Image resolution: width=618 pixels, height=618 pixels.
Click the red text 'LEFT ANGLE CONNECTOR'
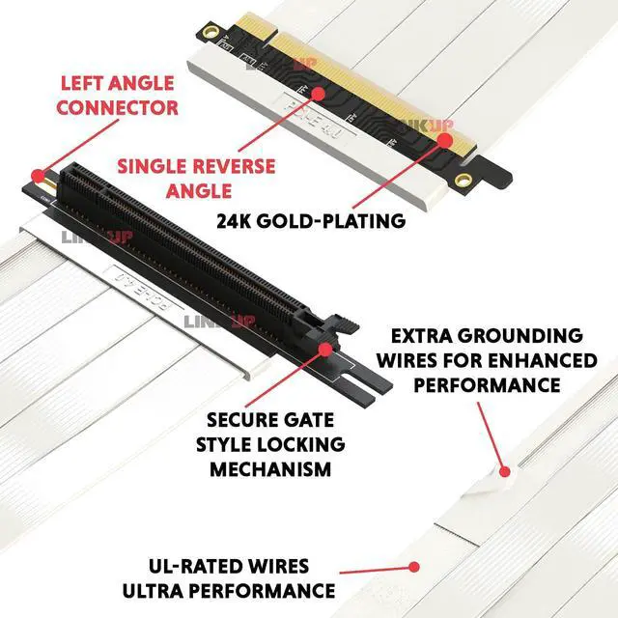pos(117,94)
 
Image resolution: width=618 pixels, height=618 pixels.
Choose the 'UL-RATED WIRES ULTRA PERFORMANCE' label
pos(228,577)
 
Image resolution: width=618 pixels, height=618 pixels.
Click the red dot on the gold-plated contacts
pos(446,141)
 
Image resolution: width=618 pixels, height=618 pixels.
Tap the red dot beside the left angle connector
pos(38,177)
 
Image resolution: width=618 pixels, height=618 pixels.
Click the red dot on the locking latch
pos(325,344)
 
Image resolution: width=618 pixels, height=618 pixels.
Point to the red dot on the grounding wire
pos(502,470)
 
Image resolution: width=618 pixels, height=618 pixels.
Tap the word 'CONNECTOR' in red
pos(117,106)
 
